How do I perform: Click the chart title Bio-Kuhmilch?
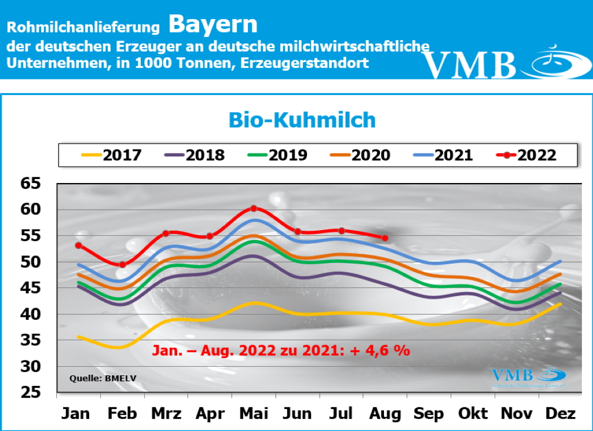302,119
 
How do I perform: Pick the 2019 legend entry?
278,155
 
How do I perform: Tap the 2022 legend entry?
528,155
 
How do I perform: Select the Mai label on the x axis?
254,414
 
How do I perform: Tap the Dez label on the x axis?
560,414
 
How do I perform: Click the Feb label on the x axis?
122,414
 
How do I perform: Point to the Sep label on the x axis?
429,414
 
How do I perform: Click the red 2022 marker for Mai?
254,209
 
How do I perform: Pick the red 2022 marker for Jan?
78,246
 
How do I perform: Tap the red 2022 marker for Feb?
122,265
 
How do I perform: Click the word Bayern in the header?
213,24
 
